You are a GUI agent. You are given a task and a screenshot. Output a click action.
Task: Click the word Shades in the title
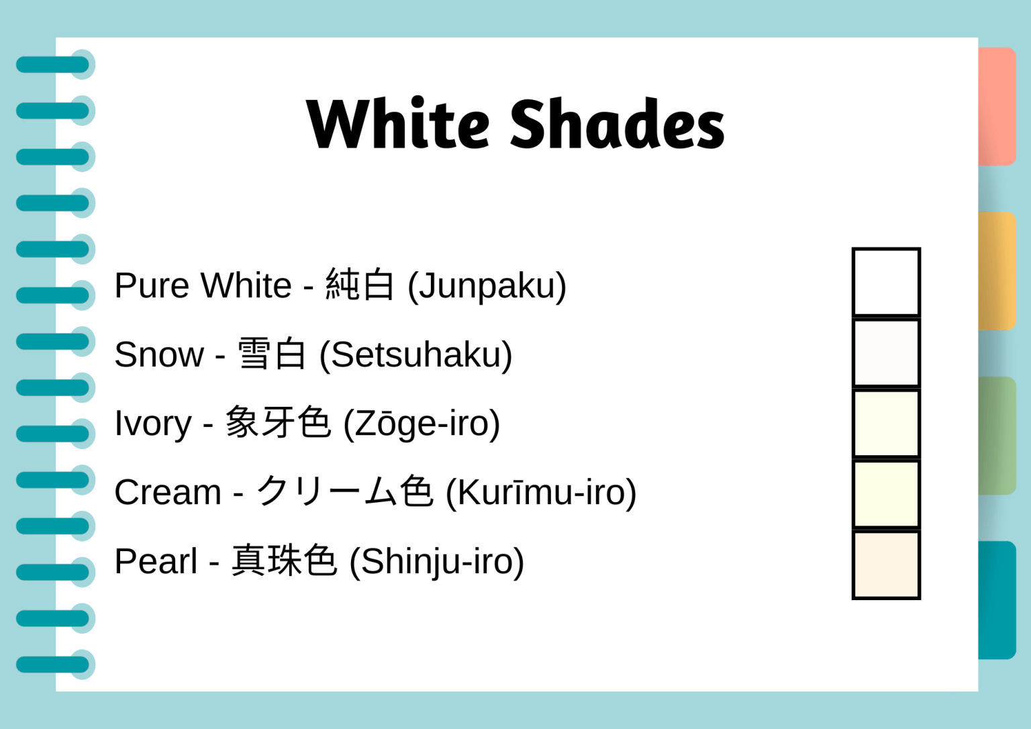pos(617,124)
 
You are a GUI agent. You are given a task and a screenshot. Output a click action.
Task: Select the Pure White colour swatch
pos(886,283)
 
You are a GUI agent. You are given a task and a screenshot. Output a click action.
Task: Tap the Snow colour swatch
pos(886,353)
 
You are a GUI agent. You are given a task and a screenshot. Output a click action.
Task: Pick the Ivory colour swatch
pos(886,424)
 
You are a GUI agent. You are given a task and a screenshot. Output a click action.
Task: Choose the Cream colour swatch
pos(886,494)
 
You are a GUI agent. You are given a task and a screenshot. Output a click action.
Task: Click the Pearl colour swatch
pos(886,565)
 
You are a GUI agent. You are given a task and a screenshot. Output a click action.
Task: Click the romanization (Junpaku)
pos(487,286)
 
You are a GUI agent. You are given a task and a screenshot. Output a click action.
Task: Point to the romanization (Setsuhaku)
pos(415,355)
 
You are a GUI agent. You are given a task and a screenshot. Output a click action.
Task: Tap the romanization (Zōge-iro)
pos(422,424)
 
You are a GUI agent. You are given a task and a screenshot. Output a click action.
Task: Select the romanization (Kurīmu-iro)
pos(541,493)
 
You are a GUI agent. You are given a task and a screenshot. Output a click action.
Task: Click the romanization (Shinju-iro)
pos(436,562)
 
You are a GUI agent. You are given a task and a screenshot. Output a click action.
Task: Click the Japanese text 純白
pos(360,285)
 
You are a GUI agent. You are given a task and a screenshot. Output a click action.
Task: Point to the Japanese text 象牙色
pos(278,423)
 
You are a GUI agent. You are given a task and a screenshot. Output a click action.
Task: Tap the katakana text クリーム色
pos(345,491)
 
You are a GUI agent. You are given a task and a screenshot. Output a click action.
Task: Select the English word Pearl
pos(156,562)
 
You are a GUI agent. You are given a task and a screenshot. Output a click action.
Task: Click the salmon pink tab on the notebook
pos(997,107)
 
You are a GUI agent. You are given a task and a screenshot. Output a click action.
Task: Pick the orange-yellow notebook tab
pos(997,271)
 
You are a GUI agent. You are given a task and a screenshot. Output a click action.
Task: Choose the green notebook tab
pos(997,436)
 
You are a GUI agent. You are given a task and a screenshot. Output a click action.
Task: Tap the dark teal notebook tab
pos(997,600)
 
